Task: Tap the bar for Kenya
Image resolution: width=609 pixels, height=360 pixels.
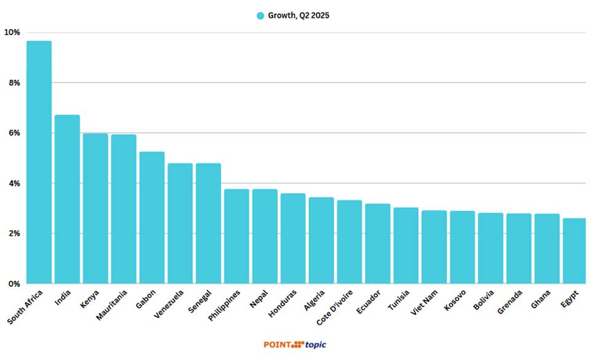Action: coord(95,209)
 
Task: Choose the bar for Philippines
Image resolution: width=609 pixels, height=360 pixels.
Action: coord(236,236)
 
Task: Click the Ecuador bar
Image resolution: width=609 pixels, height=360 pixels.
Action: coord(377,244)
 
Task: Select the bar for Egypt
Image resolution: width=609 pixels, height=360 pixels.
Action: coord(574,251)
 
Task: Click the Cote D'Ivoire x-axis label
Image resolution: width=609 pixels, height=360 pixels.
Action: coord(336,306)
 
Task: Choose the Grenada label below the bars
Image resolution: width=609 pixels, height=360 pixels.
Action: coord(510,301)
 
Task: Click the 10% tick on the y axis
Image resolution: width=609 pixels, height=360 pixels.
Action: coord(12,32)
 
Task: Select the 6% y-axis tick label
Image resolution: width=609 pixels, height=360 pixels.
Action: coord(14,133)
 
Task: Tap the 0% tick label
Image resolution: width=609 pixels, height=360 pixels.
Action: coord(14,284)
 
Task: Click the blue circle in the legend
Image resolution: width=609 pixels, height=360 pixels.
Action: coord(260,15)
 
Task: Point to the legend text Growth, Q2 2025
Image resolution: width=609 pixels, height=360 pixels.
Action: coord(298,15)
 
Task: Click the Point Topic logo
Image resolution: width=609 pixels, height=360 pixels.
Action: coord(300,345)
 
